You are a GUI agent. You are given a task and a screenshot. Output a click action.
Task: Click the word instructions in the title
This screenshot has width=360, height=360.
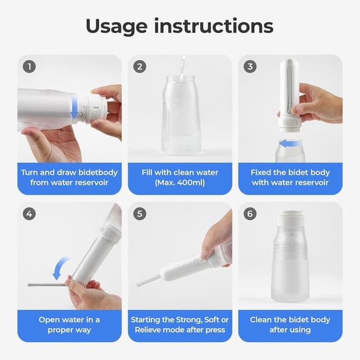(213, 26)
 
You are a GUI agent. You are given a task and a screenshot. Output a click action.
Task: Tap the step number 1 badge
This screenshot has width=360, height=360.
(30, 67)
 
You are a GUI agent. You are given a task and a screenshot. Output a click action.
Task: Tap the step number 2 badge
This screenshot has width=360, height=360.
(141, 67)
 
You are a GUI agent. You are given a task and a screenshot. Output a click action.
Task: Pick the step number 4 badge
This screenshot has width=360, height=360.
(30, 214)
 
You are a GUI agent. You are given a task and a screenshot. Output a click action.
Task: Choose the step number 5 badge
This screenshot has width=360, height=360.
(141, 214)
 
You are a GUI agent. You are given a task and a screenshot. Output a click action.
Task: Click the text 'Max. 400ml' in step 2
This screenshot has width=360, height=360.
(180, 183)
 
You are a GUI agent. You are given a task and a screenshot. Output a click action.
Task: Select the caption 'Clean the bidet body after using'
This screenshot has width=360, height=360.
(290, 325)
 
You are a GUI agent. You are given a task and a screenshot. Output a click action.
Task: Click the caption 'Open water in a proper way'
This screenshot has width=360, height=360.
(69, 325)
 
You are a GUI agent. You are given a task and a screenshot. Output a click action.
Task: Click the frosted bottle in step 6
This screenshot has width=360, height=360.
(290, 264)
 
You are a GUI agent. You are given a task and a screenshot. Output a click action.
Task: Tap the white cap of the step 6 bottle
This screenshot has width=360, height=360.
(290, 217)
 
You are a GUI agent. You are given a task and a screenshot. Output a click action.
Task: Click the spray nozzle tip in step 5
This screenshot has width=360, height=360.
(138, 285)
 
